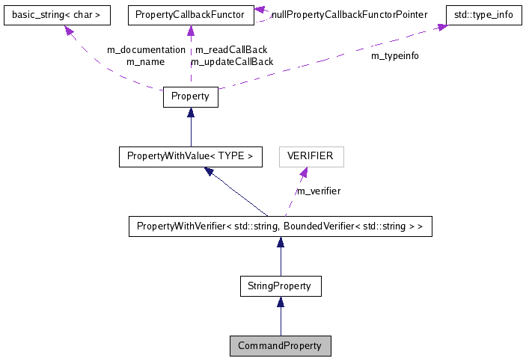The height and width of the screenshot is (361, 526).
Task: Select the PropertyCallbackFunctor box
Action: (x=190, y=14)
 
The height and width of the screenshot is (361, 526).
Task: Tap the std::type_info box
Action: (x=483, y=14)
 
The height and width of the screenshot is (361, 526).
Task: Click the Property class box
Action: (x=190, y=96)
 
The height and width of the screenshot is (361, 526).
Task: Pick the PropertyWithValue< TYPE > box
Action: (x=190, y=156)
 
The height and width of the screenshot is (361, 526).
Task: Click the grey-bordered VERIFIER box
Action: (x=311, y=156)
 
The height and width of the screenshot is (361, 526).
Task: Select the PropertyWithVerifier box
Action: (x=280, y=226)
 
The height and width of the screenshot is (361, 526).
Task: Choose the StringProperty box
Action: (x=280, y=286)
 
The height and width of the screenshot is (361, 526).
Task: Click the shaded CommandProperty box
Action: (x=280, y=346)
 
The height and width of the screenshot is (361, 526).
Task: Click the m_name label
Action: (x=145, y=61)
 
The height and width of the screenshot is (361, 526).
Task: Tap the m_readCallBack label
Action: (x=231, y=50)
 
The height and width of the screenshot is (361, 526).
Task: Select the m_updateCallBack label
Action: (x=232, y=61)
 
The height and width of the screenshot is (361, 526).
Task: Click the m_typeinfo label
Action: (x=395, y=56)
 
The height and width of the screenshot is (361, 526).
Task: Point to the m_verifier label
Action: (x=319, y=191)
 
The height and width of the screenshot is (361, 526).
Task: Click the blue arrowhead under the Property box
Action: (x=191, y=113)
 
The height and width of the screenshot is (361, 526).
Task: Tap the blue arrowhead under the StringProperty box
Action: (x=280, y=302)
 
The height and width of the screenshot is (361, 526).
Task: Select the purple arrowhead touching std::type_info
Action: (x=442, y=27)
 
